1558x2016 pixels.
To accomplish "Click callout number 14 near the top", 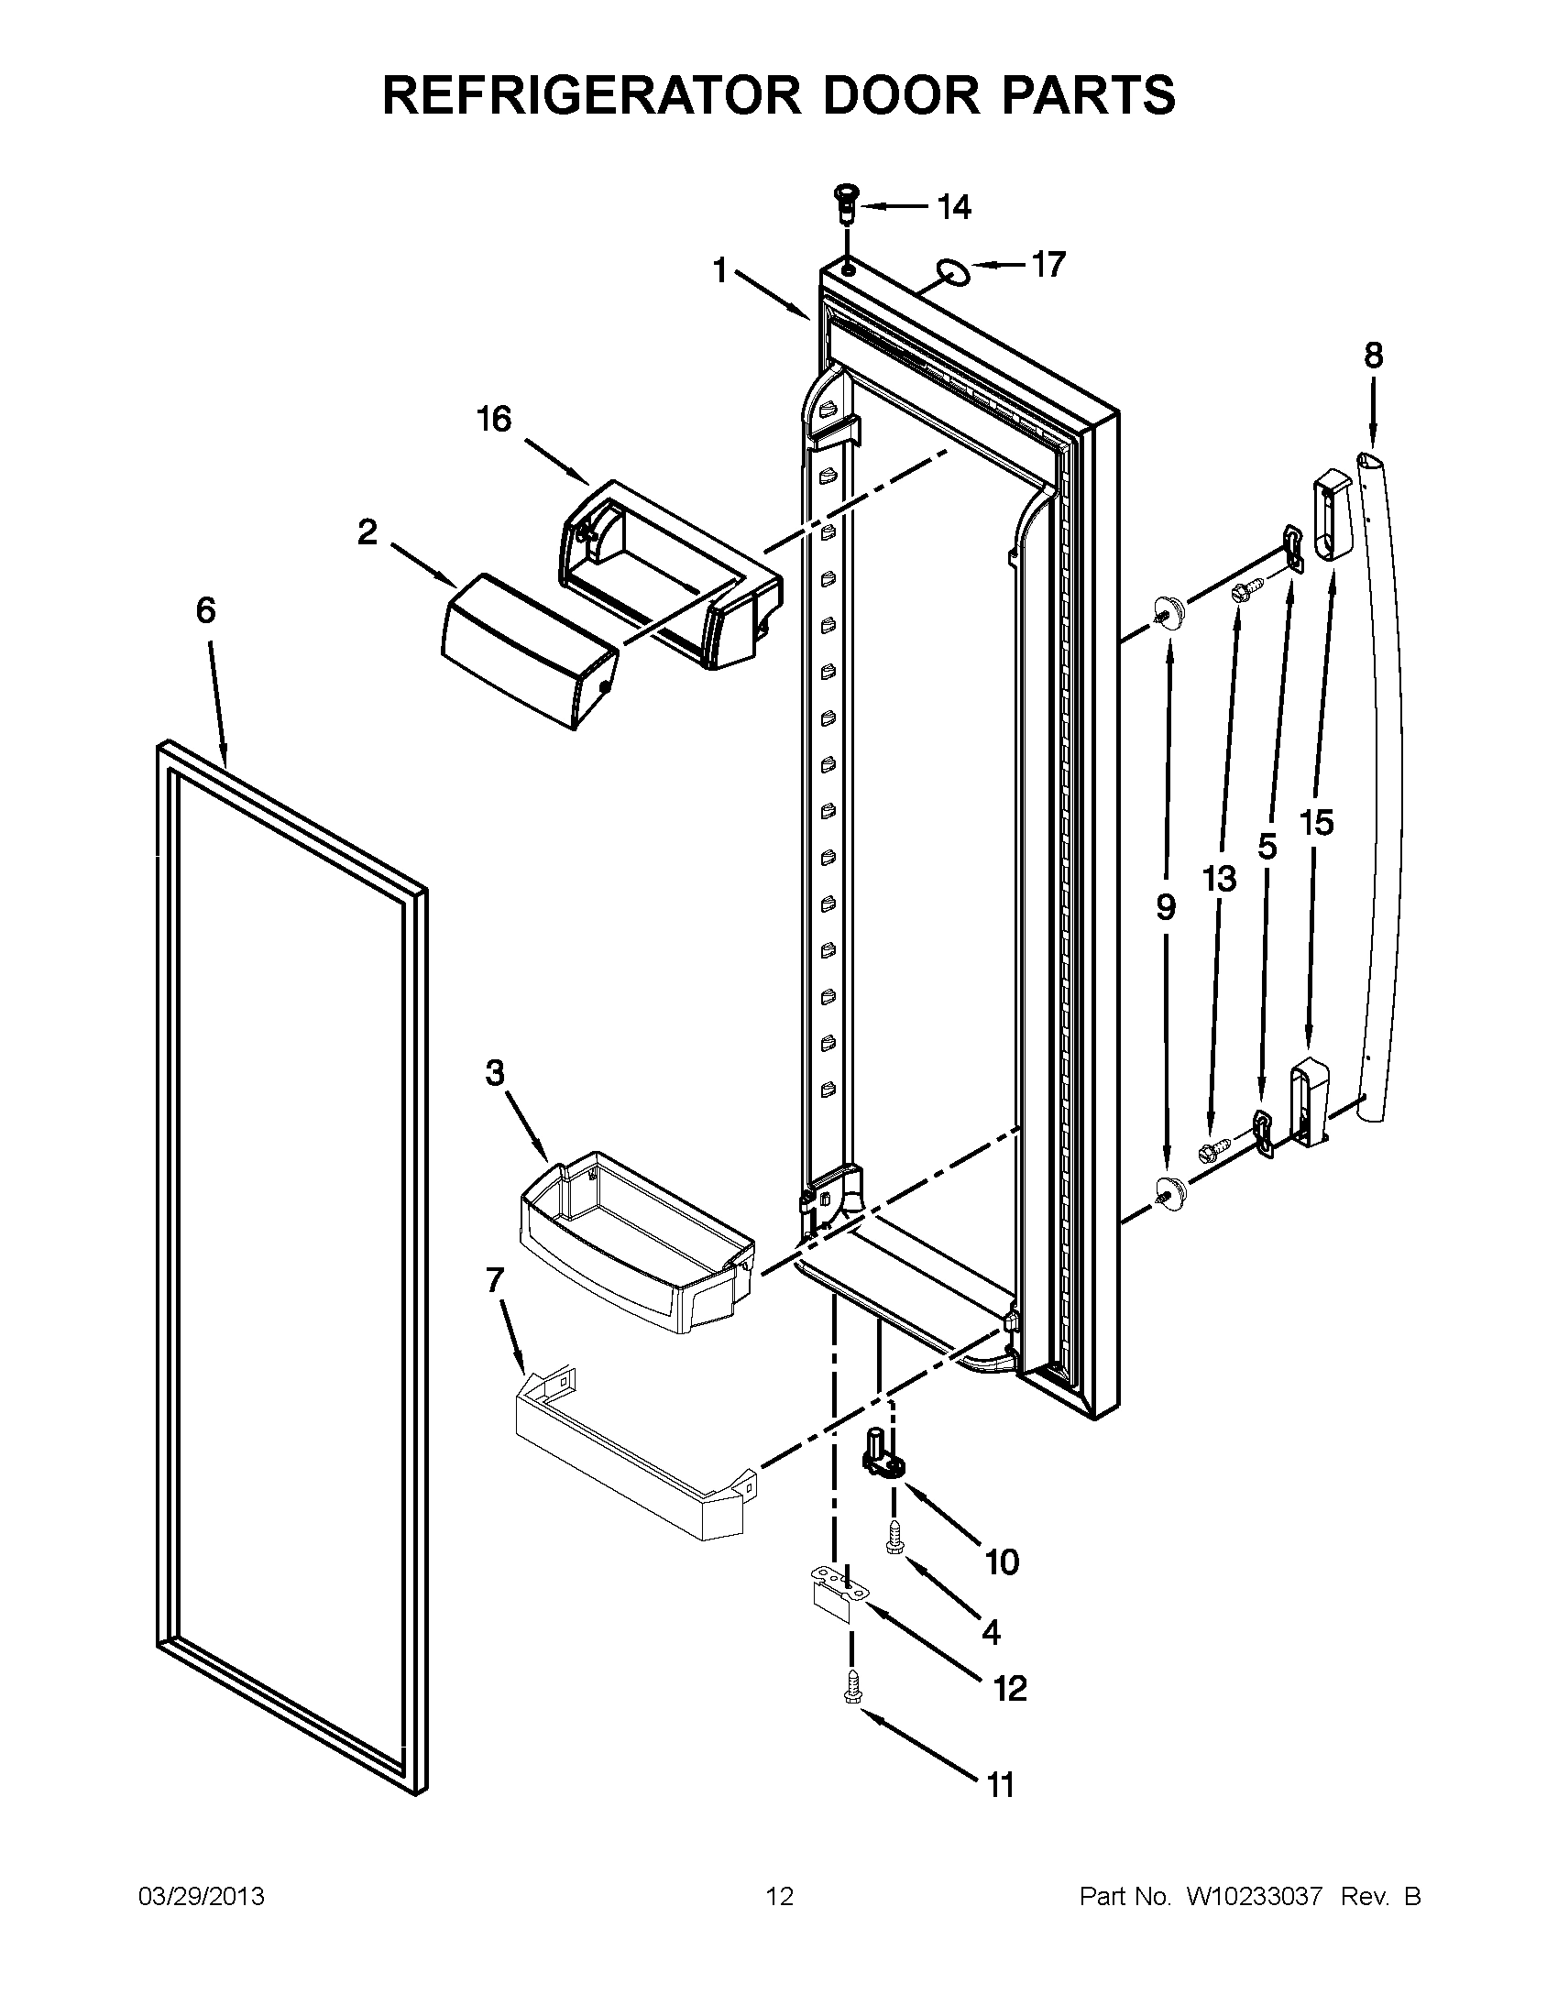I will point(954,208).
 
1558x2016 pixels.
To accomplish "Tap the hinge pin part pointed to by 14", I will point(843,203).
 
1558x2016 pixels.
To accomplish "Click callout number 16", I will point(494,420).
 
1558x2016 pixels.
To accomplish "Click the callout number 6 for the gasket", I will point(205,610).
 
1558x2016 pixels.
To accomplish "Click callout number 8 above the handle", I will point(1373,356).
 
